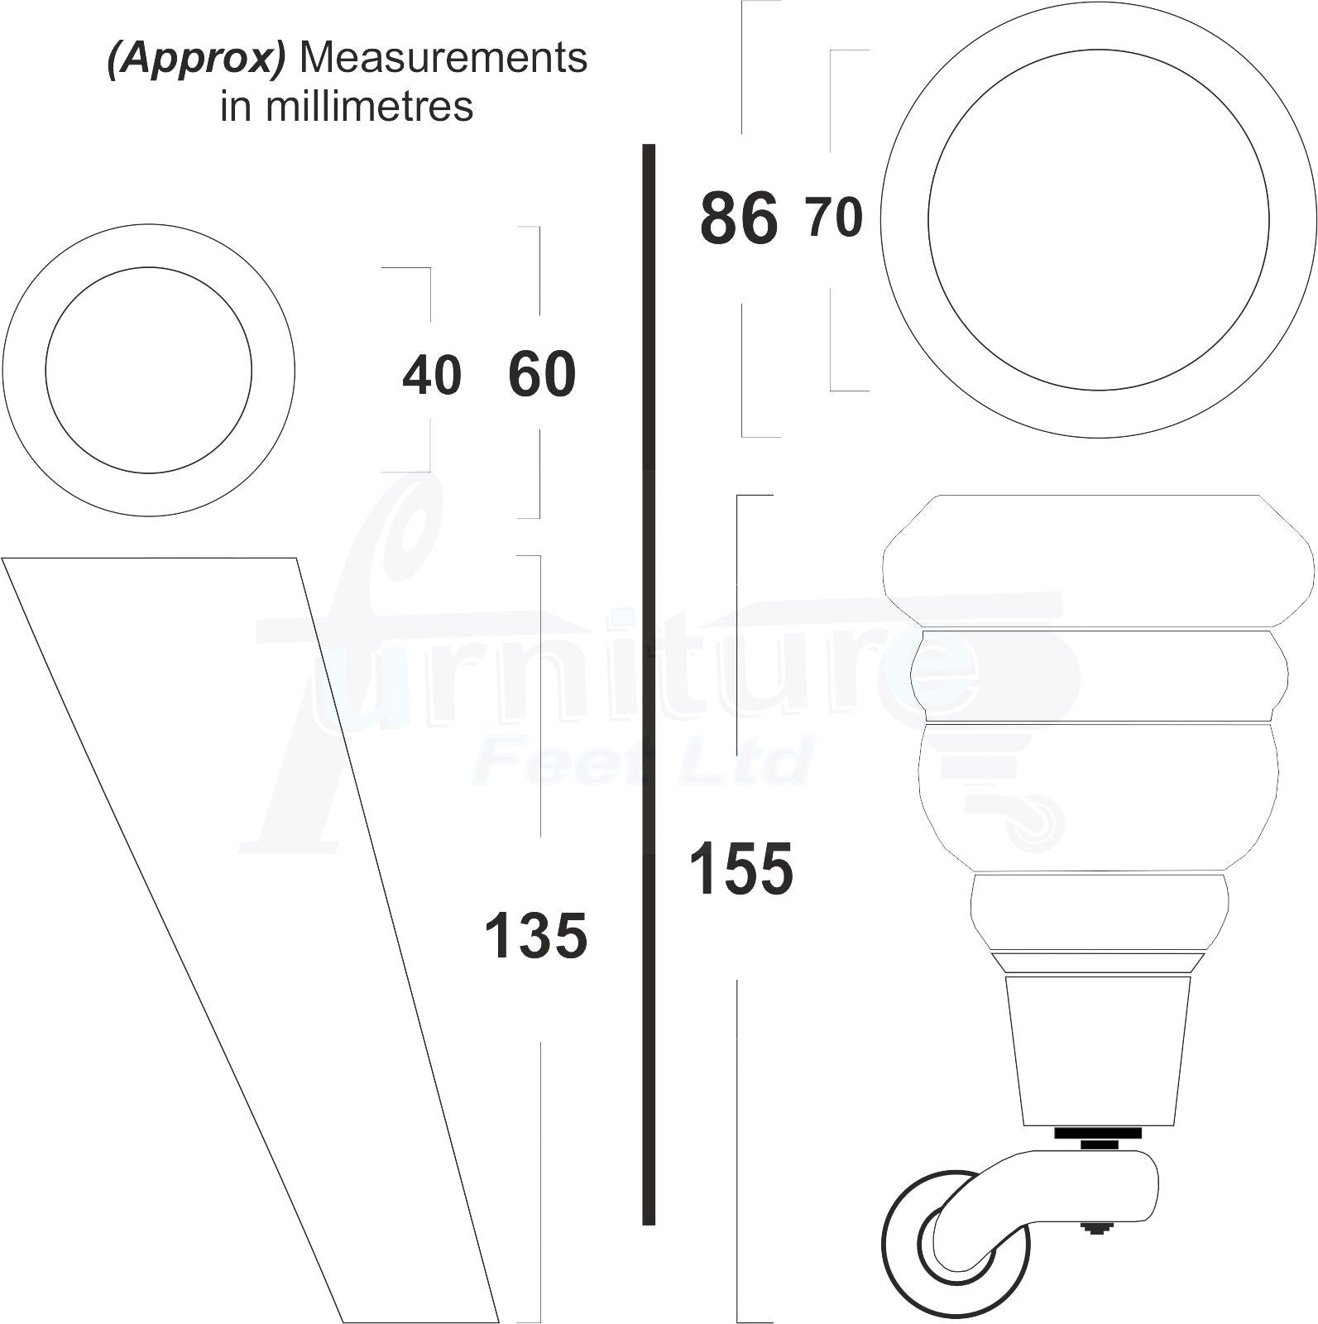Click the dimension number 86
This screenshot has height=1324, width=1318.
click(x=739, y=218)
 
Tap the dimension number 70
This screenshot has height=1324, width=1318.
click(x=835, y=217)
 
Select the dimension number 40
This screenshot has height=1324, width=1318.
click(x=432, y=376)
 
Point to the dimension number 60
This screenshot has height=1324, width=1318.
click(x=542, y=374)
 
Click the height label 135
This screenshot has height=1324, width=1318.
click(x=535, y=936)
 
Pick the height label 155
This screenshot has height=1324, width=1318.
click(x=740, y=869)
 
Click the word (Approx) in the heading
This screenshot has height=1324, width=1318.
click(x=197, y=60)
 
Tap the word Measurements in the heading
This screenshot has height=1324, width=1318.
click(x=443, y=58)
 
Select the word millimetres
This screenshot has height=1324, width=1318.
click(x=369, y=106)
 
